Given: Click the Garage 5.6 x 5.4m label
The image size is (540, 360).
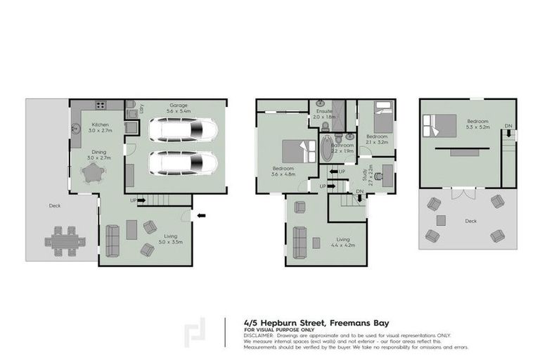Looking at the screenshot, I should click(177, 109).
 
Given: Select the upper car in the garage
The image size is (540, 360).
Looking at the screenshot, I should click(182, 130).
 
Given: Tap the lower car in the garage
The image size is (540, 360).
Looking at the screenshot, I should click(182, 163).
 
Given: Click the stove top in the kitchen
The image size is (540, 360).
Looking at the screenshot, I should click(101, 106).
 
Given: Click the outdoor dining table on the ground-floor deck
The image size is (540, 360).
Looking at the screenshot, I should click(65, 241).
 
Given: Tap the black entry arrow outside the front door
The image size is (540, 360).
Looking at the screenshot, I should click(201, 216).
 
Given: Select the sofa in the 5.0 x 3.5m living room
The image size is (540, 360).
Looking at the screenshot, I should click(111, 240).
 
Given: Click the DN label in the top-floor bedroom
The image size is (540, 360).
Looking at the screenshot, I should click(508, 127).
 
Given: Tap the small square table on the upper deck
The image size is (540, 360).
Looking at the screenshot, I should click(442, 220).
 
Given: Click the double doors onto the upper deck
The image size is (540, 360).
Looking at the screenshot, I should click(461, 190).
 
